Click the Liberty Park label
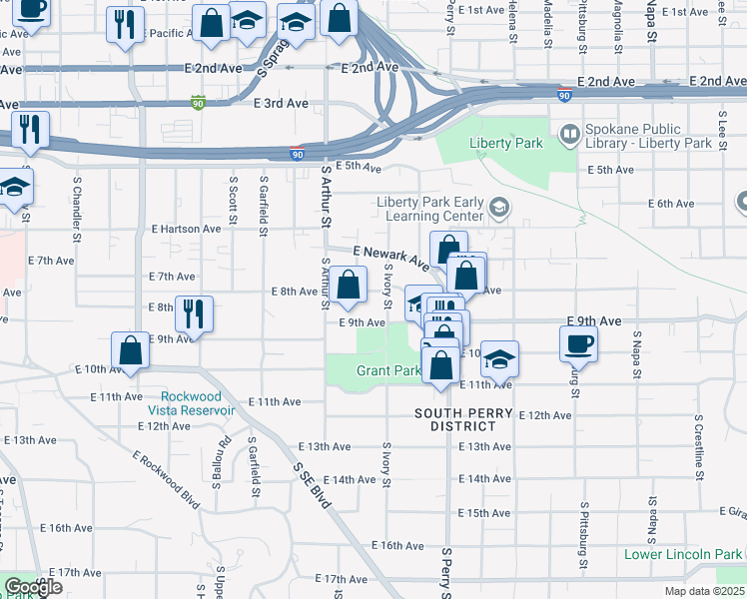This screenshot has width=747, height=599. (x=506, y=144)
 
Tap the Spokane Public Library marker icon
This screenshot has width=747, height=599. (x=569, y=132)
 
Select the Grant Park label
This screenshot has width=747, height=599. (x=388, y=370)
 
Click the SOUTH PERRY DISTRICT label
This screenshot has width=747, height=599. (x=464, y=419)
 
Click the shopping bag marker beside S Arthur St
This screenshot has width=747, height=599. (x=347, y=285)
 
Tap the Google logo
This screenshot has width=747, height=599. (x=33, y=587)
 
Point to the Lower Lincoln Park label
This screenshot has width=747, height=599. (x=683, y=554)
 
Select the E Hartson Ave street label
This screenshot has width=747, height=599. (x=186, y=229)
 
